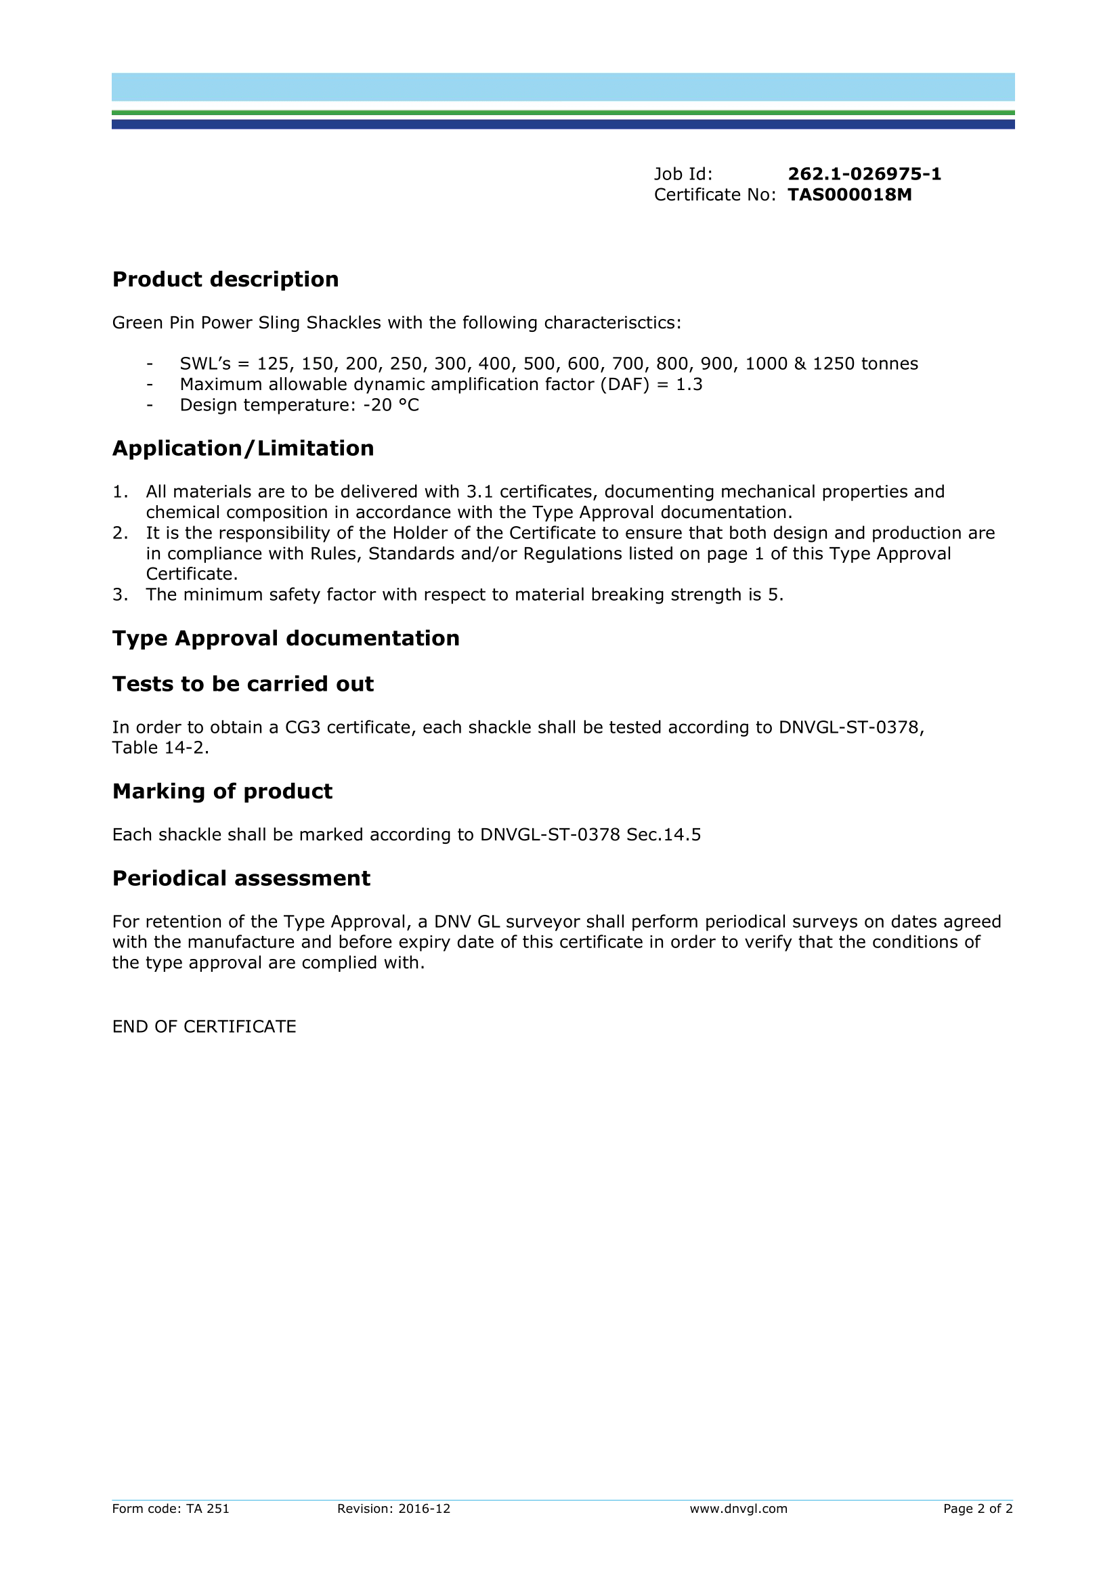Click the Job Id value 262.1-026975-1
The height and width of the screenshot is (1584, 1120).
tap(864, 174)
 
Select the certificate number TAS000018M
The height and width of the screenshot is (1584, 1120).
tap(850, 195)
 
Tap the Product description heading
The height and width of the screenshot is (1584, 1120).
tap(225, 280)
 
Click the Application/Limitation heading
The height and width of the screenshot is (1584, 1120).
tap(243, 448)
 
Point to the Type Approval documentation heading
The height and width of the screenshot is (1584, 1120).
tap(286, 638)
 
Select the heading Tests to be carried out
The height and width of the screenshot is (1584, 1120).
tap(243, 684)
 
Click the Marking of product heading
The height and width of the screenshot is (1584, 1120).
tap(222, 791)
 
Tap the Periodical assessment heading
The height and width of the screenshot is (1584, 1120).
tap(241, 878)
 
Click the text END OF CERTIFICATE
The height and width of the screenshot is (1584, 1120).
tap(204, 1027)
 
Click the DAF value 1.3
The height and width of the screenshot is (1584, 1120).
tap(689, 384)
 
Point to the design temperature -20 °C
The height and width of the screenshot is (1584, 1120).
tap(391, 405)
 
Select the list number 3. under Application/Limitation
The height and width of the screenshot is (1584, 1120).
tap(120, 595)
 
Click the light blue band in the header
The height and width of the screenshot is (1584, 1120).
tap(563, 87)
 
